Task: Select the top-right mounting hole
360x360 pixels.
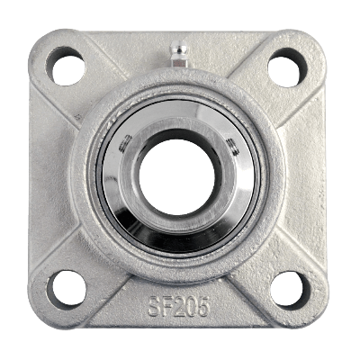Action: click(x=287, y=67)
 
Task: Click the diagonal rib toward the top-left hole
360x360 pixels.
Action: click(x=99, y=94)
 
